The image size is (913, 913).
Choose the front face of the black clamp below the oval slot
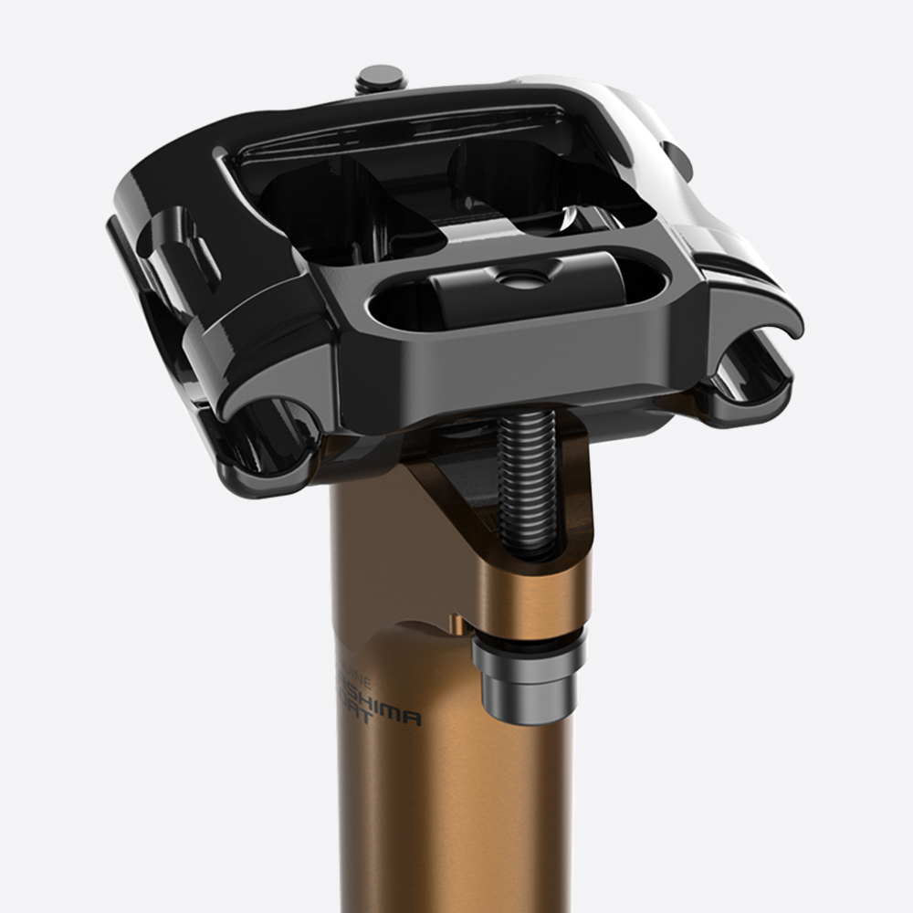pos(511,365)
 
